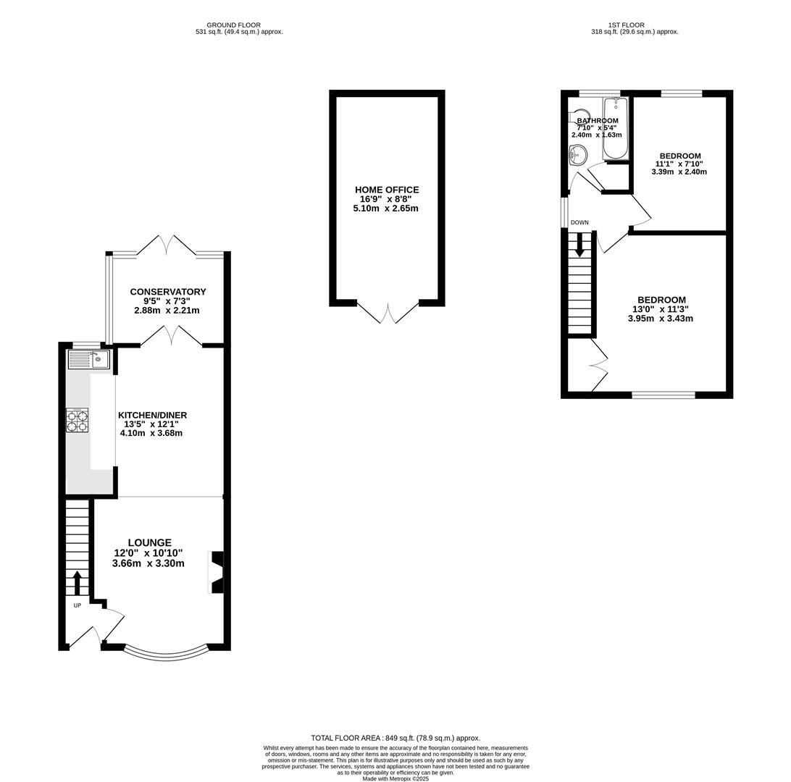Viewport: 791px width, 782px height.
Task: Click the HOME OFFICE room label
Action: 387,190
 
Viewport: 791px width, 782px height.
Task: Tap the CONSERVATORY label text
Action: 168,291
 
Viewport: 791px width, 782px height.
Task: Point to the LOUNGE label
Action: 149,542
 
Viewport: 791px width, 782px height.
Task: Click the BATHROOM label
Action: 598,120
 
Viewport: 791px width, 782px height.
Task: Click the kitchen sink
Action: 89,359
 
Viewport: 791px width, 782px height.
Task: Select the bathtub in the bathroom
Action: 616,129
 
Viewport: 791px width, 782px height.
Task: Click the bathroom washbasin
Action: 577,154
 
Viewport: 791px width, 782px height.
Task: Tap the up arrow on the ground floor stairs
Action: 78,584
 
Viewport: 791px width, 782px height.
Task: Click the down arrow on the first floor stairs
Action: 580,245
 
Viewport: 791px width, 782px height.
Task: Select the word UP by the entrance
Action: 78,605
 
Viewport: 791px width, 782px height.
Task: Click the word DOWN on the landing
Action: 579,222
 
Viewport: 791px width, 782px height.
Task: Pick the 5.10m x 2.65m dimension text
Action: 386,209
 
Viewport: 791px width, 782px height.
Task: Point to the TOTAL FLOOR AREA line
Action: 395,738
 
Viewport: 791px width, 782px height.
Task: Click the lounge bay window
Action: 165,655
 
